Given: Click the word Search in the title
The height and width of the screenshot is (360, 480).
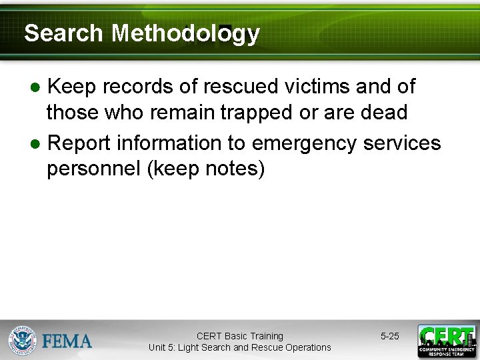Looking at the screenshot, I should click(x=64, y=33).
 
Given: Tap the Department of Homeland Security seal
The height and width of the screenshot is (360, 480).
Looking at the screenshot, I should click(x=22, y=340).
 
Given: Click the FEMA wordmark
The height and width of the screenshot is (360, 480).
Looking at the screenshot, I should click(x=67, y=341).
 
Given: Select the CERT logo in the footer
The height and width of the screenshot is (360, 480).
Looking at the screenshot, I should click(x=447, y=341).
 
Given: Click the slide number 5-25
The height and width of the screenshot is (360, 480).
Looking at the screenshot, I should click(x=390, y=337).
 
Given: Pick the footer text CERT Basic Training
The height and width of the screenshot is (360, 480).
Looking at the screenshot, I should click(x=240, y=336).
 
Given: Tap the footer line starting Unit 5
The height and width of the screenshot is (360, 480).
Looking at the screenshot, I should click(x=240, y=347).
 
